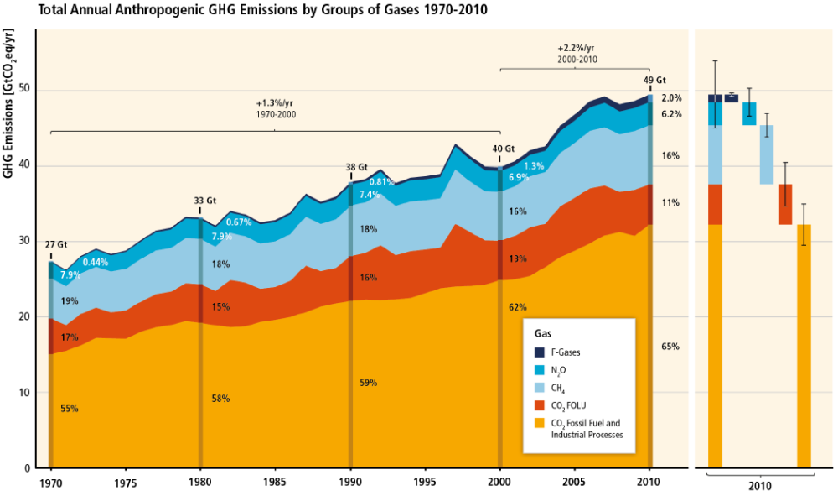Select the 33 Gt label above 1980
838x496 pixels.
point(205,201)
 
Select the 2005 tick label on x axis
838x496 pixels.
point(575,483)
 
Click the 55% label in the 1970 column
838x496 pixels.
point(70,409)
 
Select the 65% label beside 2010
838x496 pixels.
point(670,347)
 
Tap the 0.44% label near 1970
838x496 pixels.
point(96,263)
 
